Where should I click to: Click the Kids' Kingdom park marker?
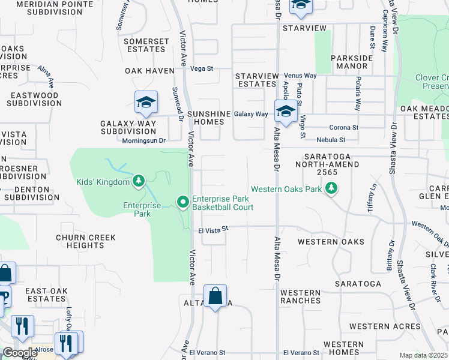[x=139, y=181]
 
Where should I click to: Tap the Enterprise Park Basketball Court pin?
[x=183, y=203]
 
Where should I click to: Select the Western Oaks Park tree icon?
[x=330, y=189]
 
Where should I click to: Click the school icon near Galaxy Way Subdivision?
[x=145, y=103]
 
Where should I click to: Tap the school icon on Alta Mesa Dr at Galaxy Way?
[x=286, y=110]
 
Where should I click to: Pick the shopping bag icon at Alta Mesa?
[x=215, y=296]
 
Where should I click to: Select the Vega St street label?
[x=202, y=68]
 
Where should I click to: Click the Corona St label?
[x=344, y=127]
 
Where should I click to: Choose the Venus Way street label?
[x=300, y=76]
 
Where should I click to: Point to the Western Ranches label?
[x=300, y=296]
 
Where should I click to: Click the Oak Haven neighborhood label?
[x=149, y=71]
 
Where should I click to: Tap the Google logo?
[x=20, y=353]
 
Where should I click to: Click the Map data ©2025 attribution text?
[x=423, y=355]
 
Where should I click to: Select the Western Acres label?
[x=385, y=326]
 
